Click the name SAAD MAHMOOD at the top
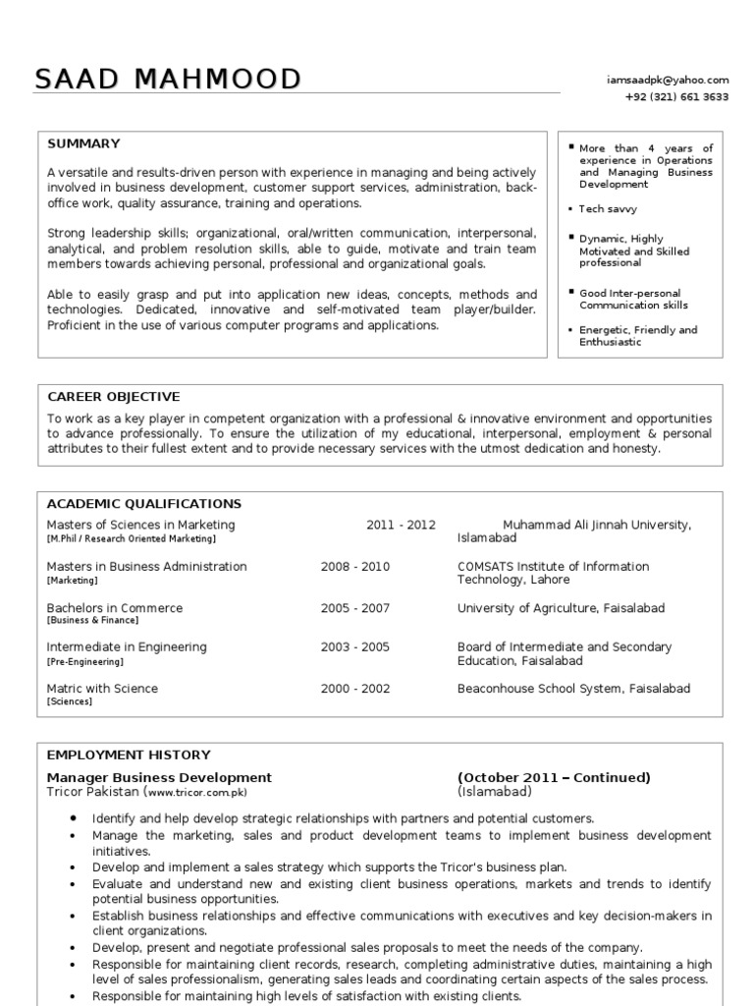[x=168, y=80]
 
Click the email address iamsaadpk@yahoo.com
[x=668, y=80]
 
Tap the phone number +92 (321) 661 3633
[x=676, y=97]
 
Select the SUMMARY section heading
[x=83, y=143]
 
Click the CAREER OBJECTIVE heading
[x=113, y=397]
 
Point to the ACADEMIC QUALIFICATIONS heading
[x=143, y=504]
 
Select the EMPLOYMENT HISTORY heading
[x=128, y=754]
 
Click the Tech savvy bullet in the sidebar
[x=608, y=209]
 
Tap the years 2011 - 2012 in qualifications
[x=401, y=526]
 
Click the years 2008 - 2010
[x=354, y=567]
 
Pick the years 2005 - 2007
[x=354, y=608]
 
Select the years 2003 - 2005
[x=354, y=647]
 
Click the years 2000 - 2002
[x=354, y=689]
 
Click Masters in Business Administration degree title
[x=147, y=567]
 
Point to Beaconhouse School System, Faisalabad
[x=573, y=689]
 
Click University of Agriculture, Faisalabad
[x=561, y=608]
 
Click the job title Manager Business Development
[x=159, y=778]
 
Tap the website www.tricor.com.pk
[x=197, y=793]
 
